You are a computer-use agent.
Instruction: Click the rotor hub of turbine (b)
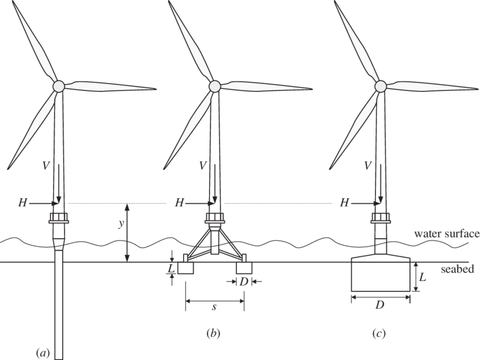click(215, 86)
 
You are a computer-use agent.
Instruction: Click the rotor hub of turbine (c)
click(380, 86)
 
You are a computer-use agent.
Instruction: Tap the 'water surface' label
click(446, 234)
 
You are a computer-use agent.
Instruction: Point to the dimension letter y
click(120, 224)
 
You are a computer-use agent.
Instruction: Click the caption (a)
click(42, 353)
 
